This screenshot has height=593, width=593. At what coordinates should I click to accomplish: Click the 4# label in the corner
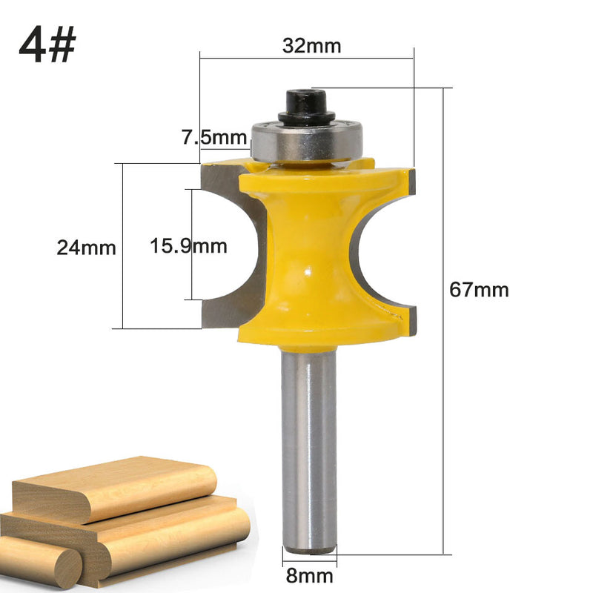tap(48, 47)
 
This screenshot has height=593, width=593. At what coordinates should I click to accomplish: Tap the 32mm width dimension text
tap(311, 46)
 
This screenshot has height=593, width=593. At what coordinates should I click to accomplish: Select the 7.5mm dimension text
tap(213, 137)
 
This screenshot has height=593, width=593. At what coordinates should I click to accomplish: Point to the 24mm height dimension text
tap(87, 248)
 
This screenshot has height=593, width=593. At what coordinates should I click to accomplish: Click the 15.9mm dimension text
tap(189, 245)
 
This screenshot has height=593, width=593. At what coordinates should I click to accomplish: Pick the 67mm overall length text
tap(480, 290)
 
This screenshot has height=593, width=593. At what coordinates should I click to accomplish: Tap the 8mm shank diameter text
tap(310, 575)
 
